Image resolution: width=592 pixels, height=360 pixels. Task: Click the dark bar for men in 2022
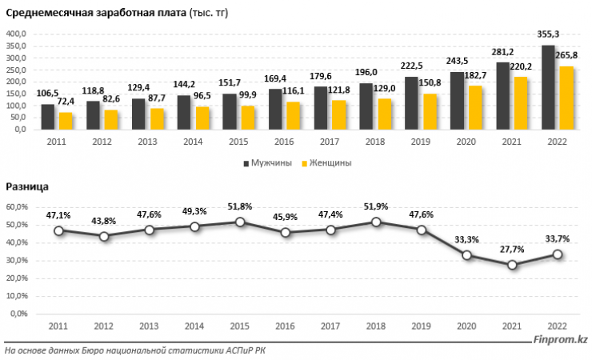[548, 87]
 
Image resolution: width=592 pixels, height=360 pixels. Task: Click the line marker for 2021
[512, 265]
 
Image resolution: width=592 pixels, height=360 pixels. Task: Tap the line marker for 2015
[238, 222]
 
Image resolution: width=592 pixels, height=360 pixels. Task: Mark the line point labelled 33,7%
[558, 254]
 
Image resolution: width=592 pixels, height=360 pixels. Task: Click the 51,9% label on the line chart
[375, 206]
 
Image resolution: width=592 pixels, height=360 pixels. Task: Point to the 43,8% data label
[102, 222]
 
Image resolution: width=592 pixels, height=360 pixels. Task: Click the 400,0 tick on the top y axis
[17, 34]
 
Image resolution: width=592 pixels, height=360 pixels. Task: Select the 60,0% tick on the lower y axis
[17, 206]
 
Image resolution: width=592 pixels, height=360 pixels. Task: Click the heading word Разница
[27, 186]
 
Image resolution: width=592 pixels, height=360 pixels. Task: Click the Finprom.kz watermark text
[561, 342]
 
